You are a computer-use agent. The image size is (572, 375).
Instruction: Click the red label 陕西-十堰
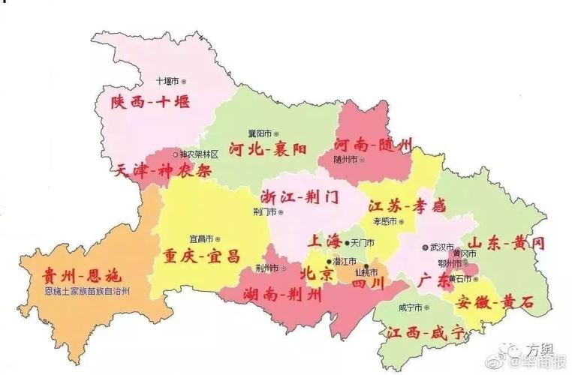(150, 102)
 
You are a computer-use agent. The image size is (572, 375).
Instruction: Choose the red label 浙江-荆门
(300, 196)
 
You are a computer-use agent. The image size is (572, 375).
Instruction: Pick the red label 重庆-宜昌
(202, 256)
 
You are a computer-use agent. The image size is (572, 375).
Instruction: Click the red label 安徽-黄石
(495, 301)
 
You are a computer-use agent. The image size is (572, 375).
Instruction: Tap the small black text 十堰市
(167, 80)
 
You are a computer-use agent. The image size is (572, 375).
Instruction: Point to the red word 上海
(324, 241)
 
